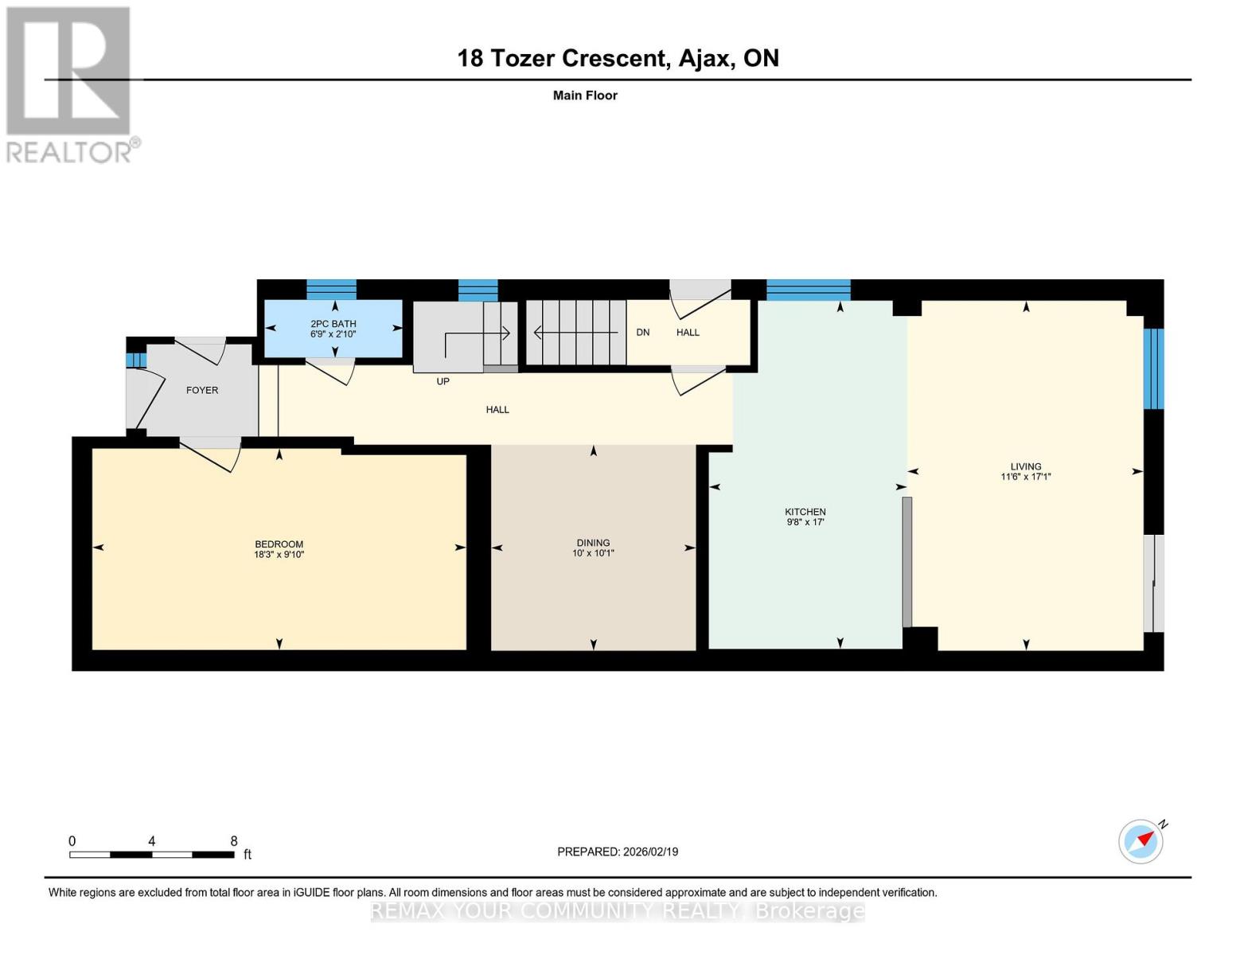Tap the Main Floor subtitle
[585, 95]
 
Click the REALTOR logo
[70, 84]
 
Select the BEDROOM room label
[279, 544]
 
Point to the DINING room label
[593, 543]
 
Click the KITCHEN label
[805, 512]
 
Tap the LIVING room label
[1026, 466]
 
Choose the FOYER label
[202, 390]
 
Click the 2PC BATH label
[333, 324]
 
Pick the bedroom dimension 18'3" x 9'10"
[279, 555]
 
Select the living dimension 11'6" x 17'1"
[1026, 477]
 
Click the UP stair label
[443, 381]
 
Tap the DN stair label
[642, 332]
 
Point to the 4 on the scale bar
[151, 841]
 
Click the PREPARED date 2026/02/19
[618, 852]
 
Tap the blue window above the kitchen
[808, 290]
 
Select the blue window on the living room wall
[1153, 368]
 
